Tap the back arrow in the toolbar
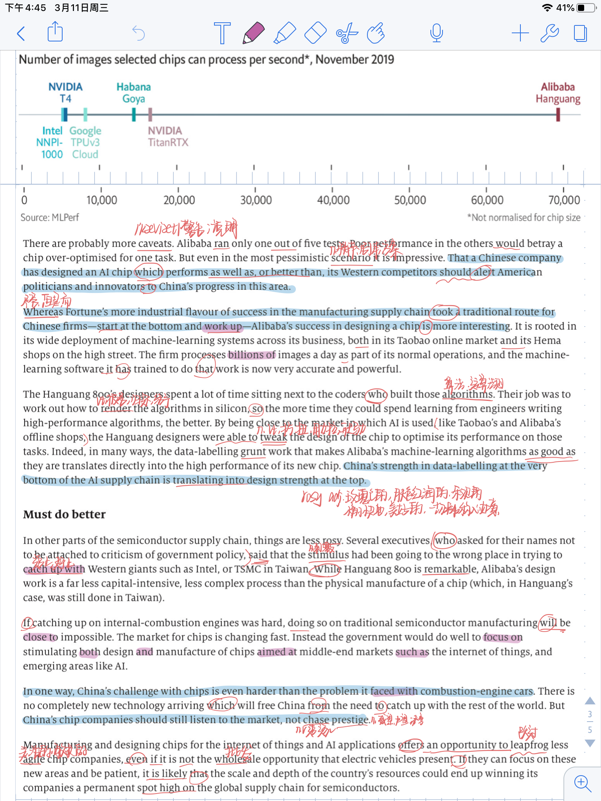coord(22,34)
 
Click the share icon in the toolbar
coord(55,32)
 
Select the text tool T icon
coord(222,33)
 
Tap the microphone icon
coord(436,33)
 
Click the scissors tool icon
coord(347,33)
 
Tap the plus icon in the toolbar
coord(520,33)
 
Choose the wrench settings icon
coord(549,33)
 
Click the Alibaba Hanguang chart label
coord(558,93)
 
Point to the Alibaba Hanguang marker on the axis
coord(558,115)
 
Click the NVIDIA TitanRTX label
coord(168,136)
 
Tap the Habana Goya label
coord(133,93)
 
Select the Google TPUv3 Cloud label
coord(85,142)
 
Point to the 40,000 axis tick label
coord(333,200)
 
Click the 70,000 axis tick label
coord(564,200)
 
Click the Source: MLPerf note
coord(50,217)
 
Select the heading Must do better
coord(64,514)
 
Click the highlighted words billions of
coord(252,355)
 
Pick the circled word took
coord(443,312)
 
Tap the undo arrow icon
coord(139,33)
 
